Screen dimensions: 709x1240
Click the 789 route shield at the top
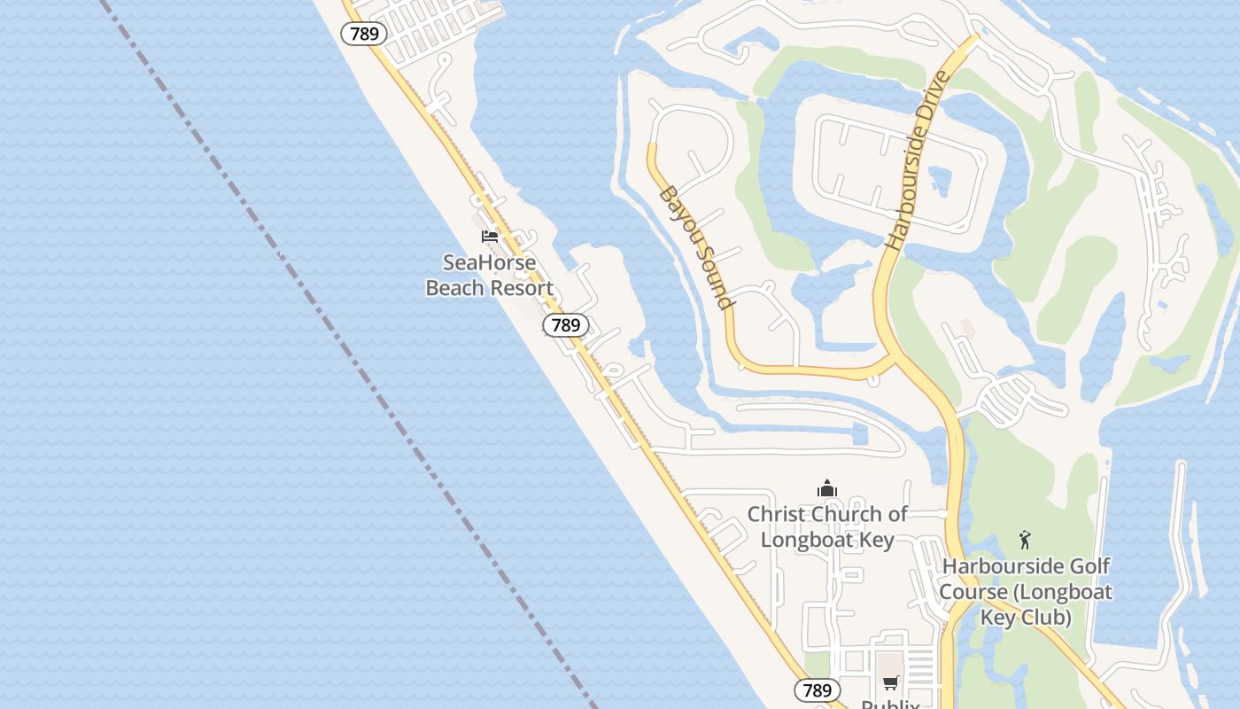coord(364,35)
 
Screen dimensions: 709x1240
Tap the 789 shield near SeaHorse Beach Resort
coord(565,325)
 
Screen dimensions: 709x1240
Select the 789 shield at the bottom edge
coord(817,690)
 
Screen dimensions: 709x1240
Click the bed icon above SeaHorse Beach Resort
coord(490,237)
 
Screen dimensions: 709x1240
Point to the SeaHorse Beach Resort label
coord(490,275)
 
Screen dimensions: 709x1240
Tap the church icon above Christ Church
coord(827,488)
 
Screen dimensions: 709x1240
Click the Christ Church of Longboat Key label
coord(827,526)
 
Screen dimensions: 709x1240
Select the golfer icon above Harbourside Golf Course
coord(1025,539)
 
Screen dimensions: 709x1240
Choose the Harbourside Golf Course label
coord(1026,591)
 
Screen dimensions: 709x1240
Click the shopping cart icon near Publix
coord(890,682)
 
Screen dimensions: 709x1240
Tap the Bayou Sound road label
coord(698,247)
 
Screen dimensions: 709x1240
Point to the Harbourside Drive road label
coord(918,160)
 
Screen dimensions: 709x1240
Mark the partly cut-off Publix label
coord(890,704)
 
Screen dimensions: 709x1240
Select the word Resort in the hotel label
coord(524,288)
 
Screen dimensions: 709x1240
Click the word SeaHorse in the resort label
coord(490,262)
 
